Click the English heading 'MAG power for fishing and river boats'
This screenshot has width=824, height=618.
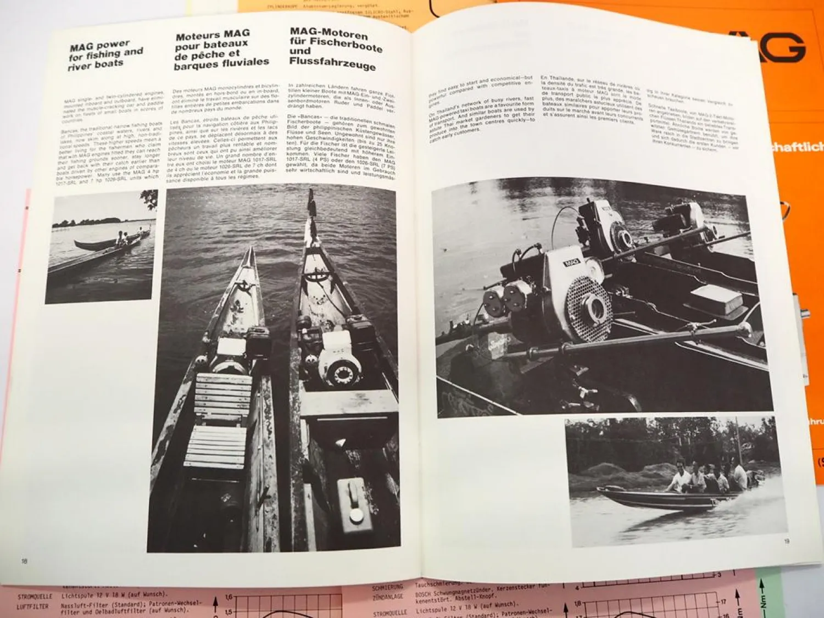pyautogui.click(x=105, y=54)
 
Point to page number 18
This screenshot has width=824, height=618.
pyautogui.click(x=24, y=561)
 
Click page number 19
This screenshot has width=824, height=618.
pyautogui.click(x=787, y=541)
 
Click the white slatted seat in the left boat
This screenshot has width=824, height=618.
pyautogui.click(x=215, y=420)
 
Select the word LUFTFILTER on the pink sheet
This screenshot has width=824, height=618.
pyautogui.click(x=32, y=606)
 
